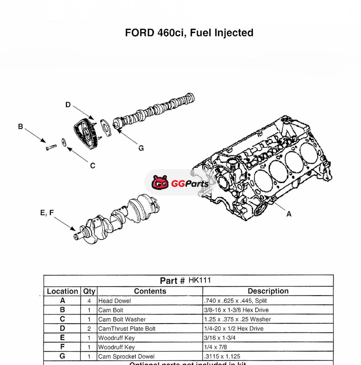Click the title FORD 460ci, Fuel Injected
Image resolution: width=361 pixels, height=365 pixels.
click(x=189, y=33)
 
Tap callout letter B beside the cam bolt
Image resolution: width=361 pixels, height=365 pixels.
click(x=21, y=127)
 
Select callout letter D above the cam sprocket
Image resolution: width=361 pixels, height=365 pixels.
click(x=68, y=105)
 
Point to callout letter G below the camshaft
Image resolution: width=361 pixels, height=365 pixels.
click(x=141, y=148)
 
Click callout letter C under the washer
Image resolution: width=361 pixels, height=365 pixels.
click(x=92, y=165)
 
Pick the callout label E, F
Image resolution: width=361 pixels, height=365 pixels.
click(x=47, y=213)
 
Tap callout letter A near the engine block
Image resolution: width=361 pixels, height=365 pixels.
click(x=289, y=214)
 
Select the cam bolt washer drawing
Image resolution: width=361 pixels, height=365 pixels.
click(x=64, y=142)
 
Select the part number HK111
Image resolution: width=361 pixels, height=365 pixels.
click(x=200, y=280)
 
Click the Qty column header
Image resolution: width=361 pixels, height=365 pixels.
click(x=89, y=291)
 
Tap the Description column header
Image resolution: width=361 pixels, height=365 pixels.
click(x=268, y=291)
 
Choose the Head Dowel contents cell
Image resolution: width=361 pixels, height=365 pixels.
click(x=115, y=301)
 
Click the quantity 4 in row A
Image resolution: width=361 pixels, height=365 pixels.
click(x=89, y=301)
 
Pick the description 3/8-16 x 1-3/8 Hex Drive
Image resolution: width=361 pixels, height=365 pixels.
click(x=236, y=310)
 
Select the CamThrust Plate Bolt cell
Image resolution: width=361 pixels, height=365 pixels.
click(x=127, y=328)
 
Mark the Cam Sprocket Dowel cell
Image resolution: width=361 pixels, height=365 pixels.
click(x=126, y=356)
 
